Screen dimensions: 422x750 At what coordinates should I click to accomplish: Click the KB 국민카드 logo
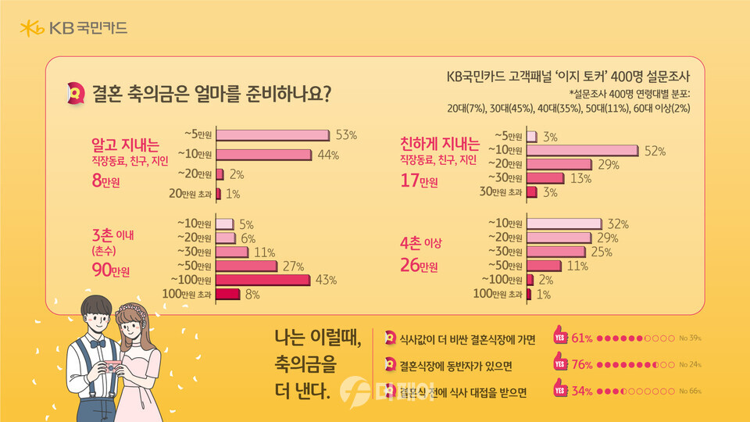tap(73, 30)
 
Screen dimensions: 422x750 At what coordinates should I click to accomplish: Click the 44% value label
tap(328, 155)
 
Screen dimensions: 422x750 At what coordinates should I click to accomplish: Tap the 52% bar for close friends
tap(583, 149)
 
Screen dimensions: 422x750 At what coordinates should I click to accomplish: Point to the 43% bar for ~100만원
tap(263, 280)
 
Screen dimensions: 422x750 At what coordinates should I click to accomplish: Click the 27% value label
tap(293, 266)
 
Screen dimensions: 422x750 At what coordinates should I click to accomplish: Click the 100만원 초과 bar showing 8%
tap(227, 294)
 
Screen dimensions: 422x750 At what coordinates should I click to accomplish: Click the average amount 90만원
tap(111, 271)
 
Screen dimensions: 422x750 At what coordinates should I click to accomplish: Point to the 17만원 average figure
tap(419, 182)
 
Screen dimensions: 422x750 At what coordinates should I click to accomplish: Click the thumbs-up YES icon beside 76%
tap(559, 363)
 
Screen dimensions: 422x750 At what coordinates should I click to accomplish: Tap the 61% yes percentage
tap(583, 338)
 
